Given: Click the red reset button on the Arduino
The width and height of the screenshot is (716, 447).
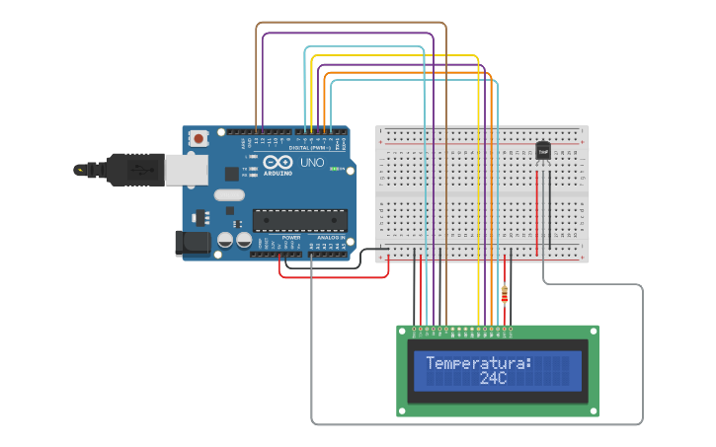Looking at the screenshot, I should click(199, 139).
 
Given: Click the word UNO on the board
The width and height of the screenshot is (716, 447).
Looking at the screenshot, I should click(312, 163).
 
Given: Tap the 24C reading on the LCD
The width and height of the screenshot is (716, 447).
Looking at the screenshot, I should click(493, 378).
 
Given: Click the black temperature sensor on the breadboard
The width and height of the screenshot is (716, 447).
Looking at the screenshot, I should click(543, 151).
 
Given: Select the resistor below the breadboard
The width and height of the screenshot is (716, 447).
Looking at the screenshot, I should click(506, 293).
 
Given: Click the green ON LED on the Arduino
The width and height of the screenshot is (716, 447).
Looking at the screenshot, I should click(334, 169).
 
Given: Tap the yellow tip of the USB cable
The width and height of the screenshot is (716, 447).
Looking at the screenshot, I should click(77, 170).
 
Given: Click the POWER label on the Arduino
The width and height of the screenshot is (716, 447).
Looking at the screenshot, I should click(291, 238).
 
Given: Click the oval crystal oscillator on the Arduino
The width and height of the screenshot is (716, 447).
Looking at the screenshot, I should click(228, 194).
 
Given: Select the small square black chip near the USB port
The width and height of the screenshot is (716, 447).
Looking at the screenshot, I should click(231, 174).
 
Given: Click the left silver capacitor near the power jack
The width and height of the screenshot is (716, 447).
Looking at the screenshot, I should click(225, 240).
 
